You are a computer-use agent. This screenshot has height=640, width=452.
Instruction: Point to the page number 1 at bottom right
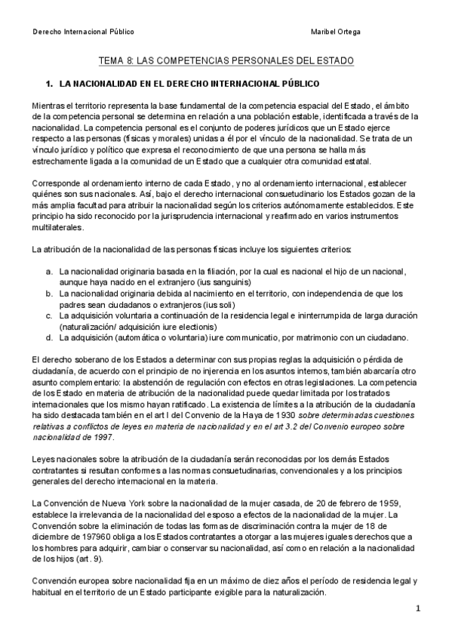click(417, 608)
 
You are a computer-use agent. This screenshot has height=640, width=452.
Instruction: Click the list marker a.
click(49, 271)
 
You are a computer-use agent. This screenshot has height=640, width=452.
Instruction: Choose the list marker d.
click(49, 337)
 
